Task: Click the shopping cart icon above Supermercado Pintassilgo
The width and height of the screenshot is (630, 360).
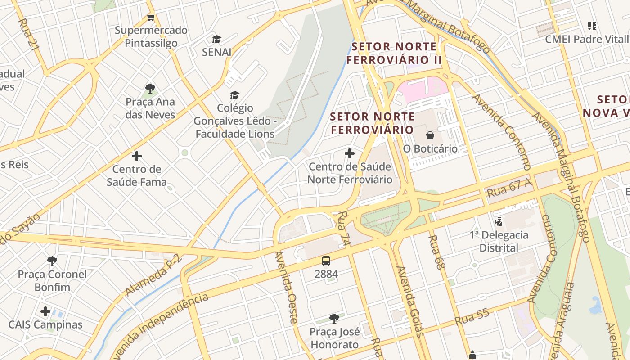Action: [151, 18]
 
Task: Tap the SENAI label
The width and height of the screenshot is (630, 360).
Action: [216, 52]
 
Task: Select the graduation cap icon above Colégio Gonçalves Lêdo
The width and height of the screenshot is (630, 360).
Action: [234, 95]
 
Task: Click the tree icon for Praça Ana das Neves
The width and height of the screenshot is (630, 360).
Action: [150, 88]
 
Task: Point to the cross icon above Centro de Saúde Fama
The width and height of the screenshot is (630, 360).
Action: [137, 156]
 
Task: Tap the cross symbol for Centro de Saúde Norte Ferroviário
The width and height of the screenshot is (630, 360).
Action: [350, 153]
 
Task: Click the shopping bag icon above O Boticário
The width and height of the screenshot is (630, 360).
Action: [430, 135]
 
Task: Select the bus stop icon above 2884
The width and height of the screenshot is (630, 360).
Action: [326, 261]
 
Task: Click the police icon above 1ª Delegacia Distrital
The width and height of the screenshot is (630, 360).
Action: [499, 221]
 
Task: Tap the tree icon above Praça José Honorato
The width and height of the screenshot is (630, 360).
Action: [334, 319]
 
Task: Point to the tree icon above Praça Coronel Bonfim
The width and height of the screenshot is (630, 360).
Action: [52, 261]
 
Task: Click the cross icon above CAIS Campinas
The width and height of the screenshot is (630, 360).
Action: [45, 311]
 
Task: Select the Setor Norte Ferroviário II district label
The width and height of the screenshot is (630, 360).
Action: [394, 53]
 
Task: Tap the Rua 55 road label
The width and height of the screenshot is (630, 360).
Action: [471, 318]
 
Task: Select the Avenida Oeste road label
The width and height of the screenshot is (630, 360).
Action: [286, 287]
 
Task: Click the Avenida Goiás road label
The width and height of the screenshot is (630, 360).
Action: [409, 301]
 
